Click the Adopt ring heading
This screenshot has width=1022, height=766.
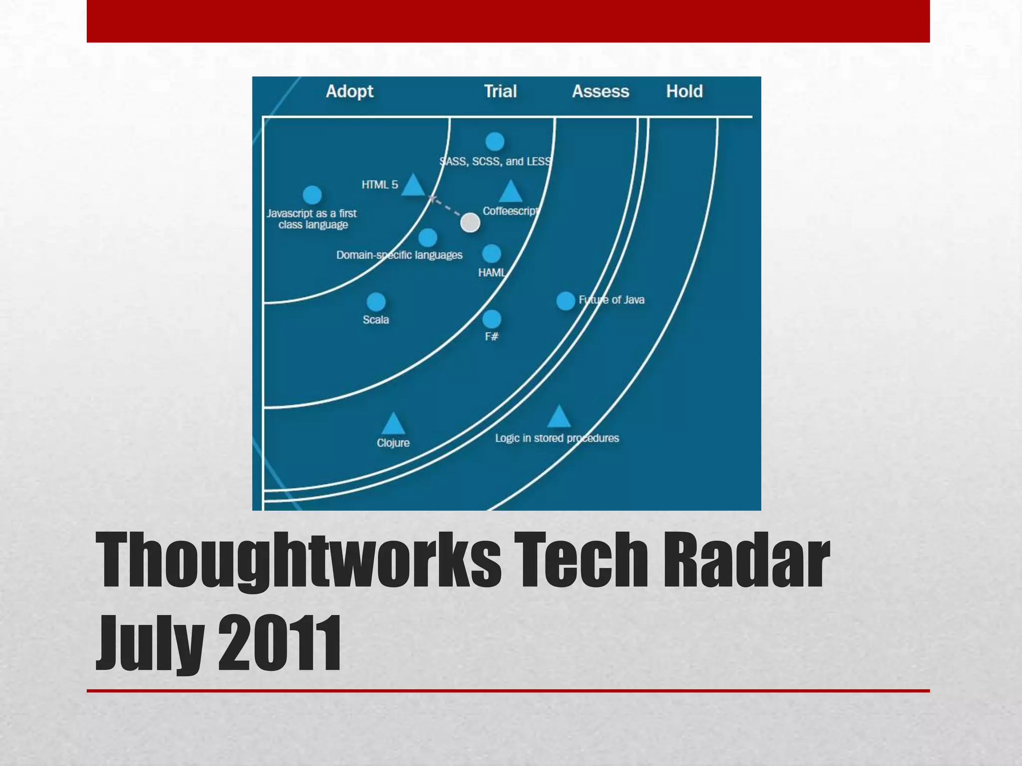(x=349, y=91)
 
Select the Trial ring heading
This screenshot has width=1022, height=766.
(x=500, y=91)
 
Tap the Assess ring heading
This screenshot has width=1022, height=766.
(x=600, y=91)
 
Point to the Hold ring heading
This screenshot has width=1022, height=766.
(x=684, y=91)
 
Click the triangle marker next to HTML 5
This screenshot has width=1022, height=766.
(x=413, y=186)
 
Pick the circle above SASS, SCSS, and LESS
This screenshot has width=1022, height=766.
(x=495, y=142)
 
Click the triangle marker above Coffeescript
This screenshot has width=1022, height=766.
(x=510, y=192)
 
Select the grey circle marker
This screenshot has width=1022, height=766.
(x=470, y=222)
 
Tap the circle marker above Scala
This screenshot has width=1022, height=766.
(x=376, y=302)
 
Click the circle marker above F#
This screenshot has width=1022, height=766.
(x=492, y=319)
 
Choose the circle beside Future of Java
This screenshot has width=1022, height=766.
(x=565, y=301)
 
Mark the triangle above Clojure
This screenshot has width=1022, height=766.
(x=393, y=424)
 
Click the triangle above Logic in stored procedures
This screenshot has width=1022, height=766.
(x=558, y=417)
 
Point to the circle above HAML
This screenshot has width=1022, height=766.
(x=492, y=254)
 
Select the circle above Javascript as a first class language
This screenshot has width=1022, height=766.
(x=312, y=195)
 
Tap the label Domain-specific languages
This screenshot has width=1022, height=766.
(x=399, y=255)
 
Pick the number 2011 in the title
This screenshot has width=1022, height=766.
(x=279, y=643)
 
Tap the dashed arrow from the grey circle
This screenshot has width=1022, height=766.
(x=446, y=207)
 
